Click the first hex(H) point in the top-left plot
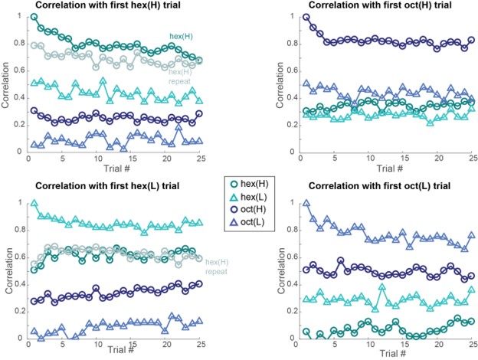(34, 16)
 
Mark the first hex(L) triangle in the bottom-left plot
(34, 204)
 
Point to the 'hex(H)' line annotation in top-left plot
(181, 36)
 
